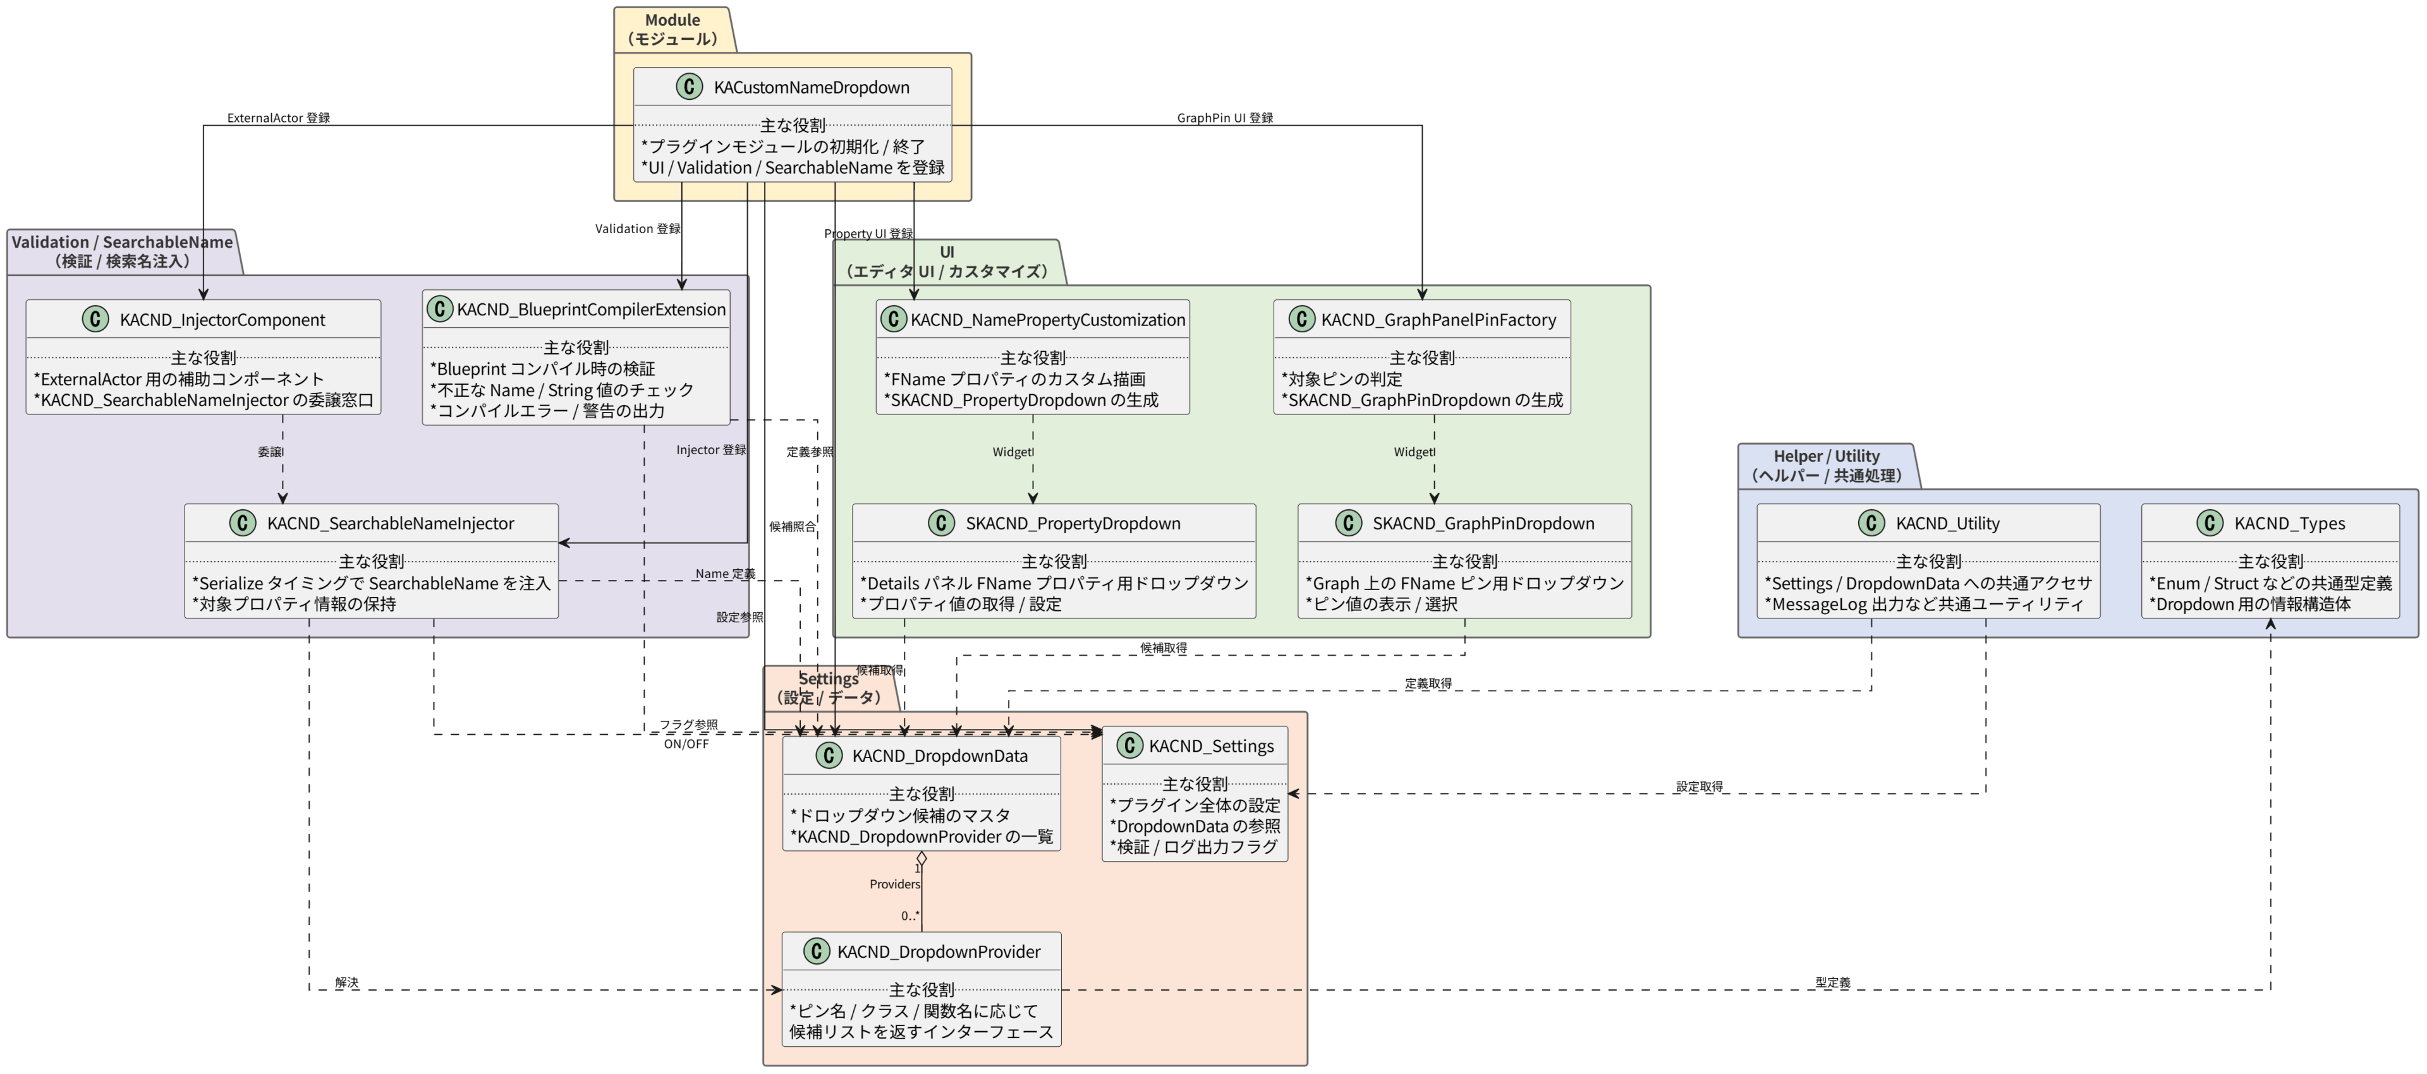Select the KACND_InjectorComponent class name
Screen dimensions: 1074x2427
point(222,320)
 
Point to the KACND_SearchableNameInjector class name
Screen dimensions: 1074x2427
point(390,524)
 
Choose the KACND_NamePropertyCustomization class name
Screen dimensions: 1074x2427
point(1048,320)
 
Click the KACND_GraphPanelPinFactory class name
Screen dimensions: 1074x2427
point(1438,320)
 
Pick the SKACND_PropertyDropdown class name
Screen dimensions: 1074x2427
point(1072,524)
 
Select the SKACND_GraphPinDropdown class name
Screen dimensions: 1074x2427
point(1483,524)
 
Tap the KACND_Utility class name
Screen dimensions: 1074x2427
point(1947,524)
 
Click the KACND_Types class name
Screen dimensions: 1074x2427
point(2289,524)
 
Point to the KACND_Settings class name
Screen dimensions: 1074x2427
point(1211,746)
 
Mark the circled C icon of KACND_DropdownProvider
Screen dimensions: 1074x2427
point(816,951)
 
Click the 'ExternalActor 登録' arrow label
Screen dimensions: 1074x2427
point(278,118)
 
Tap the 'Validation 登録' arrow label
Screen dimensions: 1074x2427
point(637,229)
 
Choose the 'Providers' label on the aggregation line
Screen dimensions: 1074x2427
point(894,884)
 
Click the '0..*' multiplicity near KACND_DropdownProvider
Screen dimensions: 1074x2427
point(909,915)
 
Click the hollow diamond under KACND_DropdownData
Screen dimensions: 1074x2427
point(922,859)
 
